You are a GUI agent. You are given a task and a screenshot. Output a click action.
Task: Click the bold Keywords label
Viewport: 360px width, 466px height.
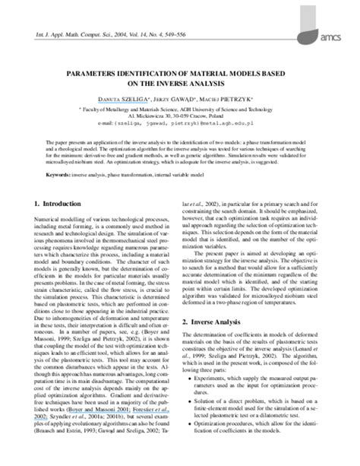pos(59,174)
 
